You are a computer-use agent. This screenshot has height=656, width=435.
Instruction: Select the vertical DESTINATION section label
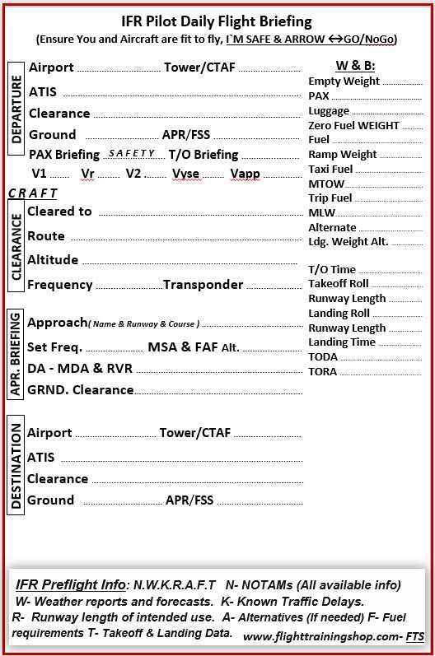point(16,466)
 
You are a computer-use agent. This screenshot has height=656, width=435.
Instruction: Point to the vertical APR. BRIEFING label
point(16,355)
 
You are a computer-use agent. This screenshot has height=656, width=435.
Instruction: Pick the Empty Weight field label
point(344,81)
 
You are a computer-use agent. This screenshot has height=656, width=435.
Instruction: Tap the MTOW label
point(326,184)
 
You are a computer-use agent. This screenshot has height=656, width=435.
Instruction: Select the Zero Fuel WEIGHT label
point(353,125)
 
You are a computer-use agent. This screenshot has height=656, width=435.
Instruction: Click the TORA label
point(323,371)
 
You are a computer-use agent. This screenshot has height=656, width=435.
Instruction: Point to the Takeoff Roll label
point(339,283)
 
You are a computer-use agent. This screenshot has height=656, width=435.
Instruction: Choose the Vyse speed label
point(186,174)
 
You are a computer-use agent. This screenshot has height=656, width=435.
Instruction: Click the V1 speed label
point(40,174)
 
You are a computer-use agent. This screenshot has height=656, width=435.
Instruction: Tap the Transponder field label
point(203,285)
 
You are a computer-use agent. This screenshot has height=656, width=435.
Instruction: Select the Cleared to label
point(59,212)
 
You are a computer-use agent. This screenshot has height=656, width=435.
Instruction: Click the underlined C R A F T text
point(33,193)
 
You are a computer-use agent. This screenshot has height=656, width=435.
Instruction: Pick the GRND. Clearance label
point(80,390)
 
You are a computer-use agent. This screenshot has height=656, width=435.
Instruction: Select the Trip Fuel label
point(330,198)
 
